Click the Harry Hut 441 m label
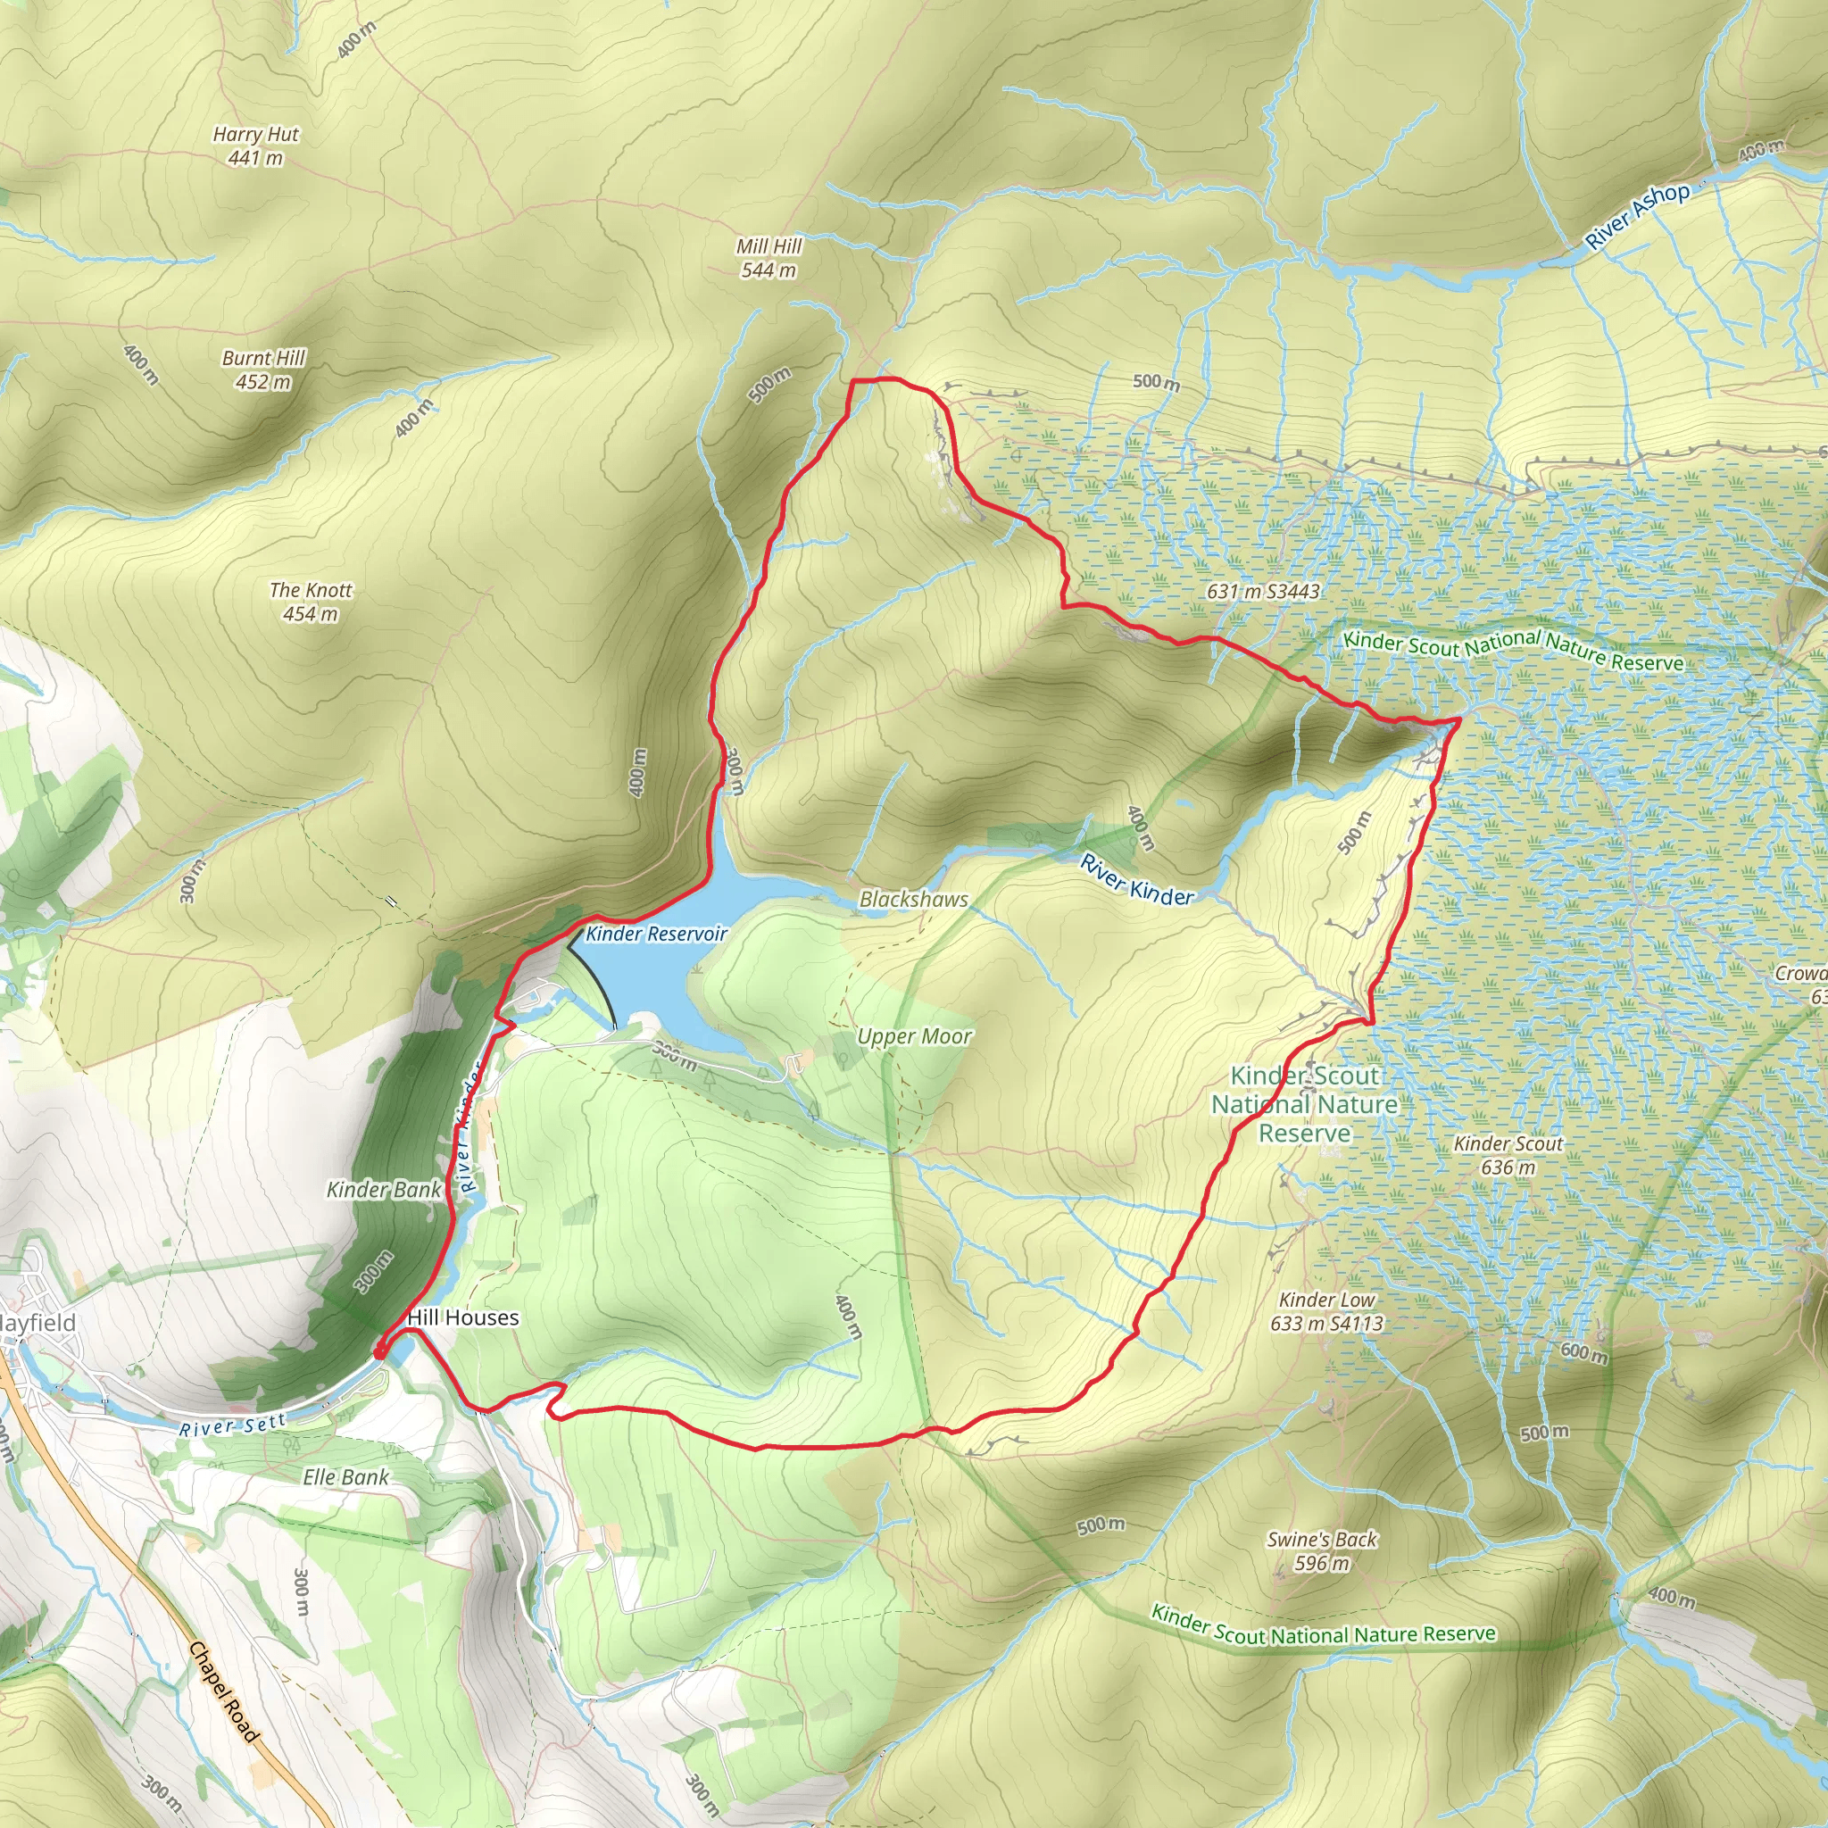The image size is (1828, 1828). pos(255,145)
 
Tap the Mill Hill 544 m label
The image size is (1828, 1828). pos(769,257)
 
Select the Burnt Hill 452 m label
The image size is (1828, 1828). pos(263,369)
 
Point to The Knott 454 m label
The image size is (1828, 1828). pos(311,601)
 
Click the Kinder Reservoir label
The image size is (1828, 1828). pos(656,934)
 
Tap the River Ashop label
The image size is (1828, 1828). pos(1637,216)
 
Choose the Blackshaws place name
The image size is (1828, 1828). pos(913,899)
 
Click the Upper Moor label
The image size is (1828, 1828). pos(914,1036)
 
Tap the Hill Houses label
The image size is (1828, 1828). pos(462,1317)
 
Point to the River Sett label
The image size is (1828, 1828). pos(233,1425)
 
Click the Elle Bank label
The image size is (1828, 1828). pos(345,1477)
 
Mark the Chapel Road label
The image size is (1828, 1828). pos(223,1692)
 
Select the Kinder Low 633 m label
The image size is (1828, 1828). pos(1326,1311)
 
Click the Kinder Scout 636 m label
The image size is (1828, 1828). pos(1508,1155)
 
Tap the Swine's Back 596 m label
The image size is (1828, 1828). pos(1322,1550)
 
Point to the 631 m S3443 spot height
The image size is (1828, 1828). pos(1262,592)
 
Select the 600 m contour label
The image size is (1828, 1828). pos(1584,1353)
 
